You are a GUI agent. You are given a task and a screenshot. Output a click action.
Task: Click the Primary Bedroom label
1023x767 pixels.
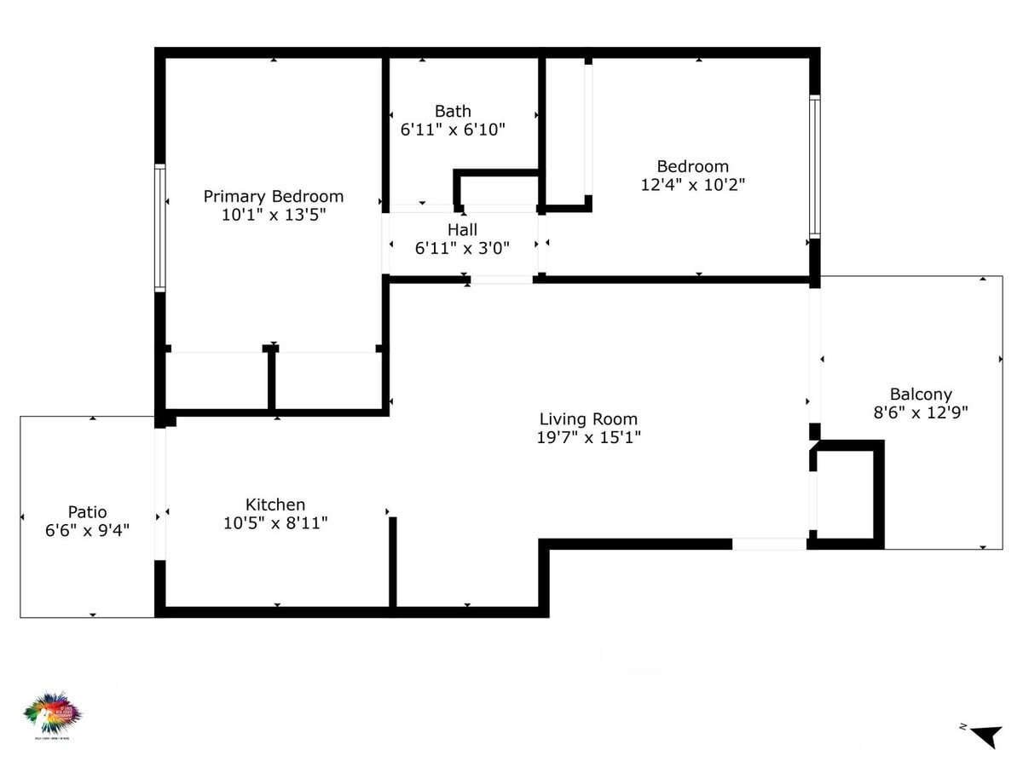coord(273,197)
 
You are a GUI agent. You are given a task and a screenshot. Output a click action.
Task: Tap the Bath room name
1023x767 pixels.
coord(453,112)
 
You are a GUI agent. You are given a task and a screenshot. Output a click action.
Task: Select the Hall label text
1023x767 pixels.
coord(462,230)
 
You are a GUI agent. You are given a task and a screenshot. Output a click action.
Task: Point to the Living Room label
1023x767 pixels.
coord(588,419)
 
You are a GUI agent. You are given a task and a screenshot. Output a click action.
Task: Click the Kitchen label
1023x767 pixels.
coord(275,505)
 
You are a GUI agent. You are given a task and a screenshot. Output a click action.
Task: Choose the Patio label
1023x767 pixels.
coord(88,512)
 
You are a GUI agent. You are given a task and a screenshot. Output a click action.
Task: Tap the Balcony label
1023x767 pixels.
coord(921,395)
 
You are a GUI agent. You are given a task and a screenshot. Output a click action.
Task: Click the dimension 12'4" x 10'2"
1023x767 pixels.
coord(693,184)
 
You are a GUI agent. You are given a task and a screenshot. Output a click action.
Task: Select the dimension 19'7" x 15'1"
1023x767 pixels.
coord(588,437)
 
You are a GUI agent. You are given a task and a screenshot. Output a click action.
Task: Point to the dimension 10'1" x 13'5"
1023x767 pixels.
coord(273,215)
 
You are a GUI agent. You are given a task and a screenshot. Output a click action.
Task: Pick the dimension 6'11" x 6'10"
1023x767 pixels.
coord(453,130)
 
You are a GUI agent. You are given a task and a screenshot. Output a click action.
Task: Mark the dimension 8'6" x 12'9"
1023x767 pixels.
coord(921,412)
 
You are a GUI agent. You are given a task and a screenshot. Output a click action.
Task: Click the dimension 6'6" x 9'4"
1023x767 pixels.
coord(88,530)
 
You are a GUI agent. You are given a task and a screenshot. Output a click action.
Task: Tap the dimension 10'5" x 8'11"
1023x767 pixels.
coord(275,523)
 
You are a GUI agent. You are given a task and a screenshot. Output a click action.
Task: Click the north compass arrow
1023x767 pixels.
coord(987,735)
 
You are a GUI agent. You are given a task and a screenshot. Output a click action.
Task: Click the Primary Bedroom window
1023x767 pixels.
coord(159,228)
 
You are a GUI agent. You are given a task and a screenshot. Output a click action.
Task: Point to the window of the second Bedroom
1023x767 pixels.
coord(814,166)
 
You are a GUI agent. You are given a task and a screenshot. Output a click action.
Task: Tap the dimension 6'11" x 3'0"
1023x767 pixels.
coord(462,248)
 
